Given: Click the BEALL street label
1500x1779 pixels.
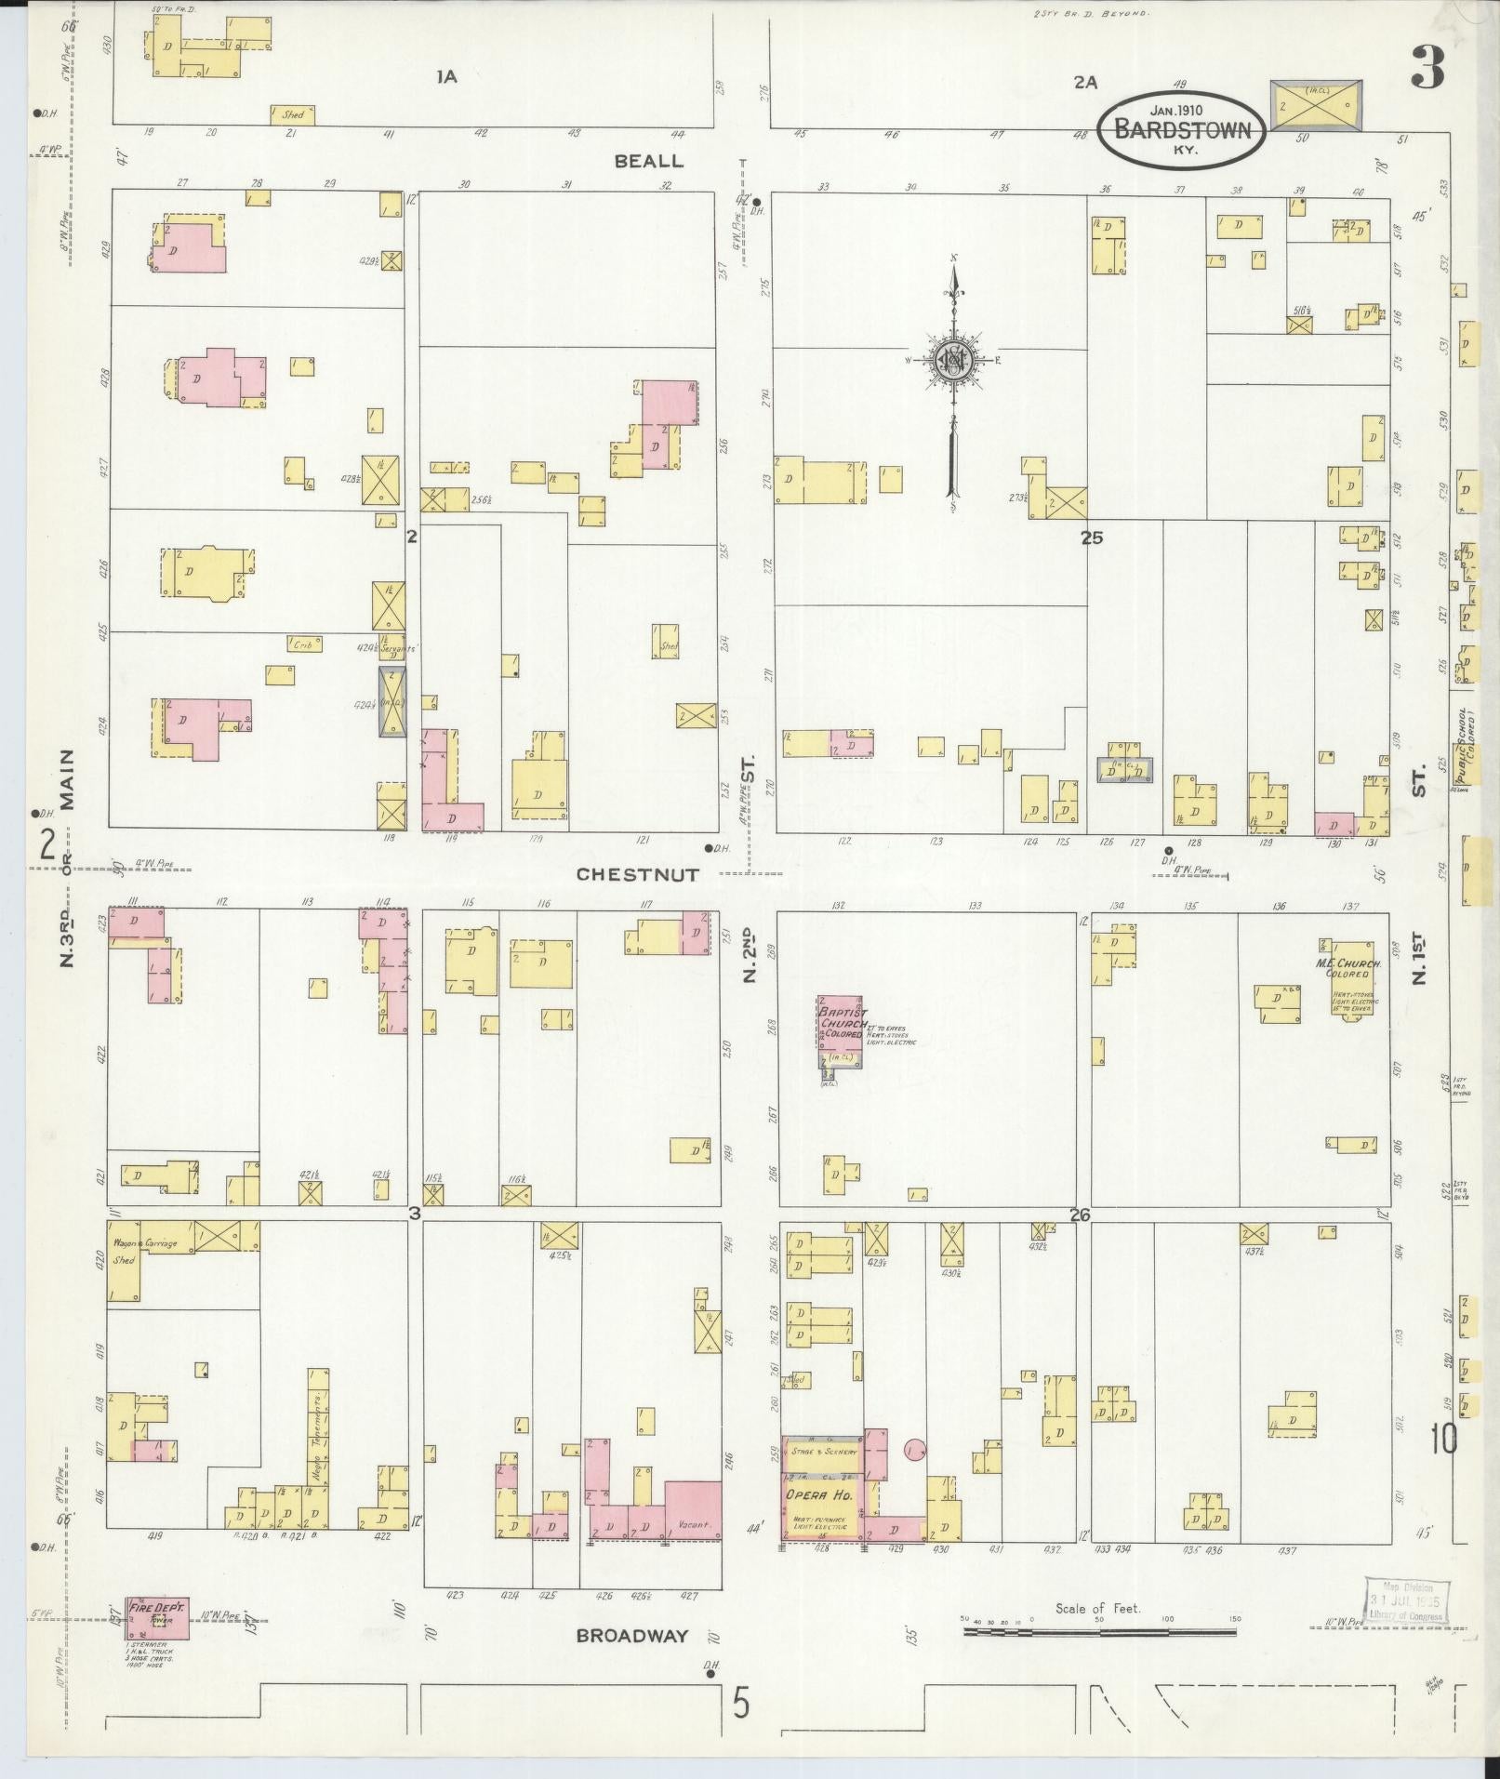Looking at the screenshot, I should tap(648, 161).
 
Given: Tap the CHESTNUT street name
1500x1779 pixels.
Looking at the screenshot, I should tap(636, 874).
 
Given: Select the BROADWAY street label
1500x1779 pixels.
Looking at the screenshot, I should tap(631, 1636).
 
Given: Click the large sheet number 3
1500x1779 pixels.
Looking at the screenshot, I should tap(1427, 68).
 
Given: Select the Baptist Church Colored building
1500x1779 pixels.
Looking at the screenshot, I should tap(841, 1028).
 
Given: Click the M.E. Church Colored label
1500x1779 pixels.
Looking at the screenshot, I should tap(1350, 968).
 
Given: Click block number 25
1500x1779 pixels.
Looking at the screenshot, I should tap(1091, 538).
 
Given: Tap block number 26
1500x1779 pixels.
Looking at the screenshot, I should tap(1079, 1215).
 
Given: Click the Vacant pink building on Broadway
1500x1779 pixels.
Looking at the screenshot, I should tap(694, 1523).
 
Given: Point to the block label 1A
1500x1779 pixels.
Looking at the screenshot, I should tap(446, 78).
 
